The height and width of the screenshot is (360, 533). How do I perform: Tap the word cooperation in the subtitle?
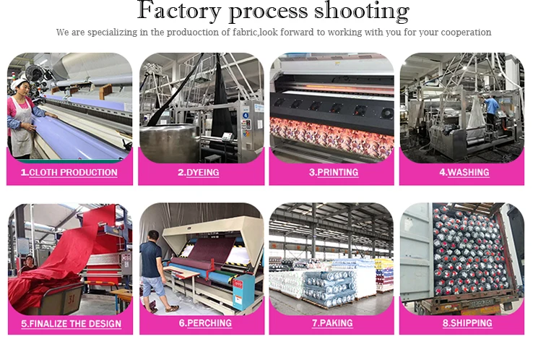click(x=467, y=33)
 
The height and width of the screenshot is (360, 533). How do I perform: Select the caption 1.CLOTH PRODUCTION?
click(x=69, y=173)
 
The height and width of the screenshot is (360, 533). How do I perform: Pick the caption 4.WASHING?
click(x=464, y=173)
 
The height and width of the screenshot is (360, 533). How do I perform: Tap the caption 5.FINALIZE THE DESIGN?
click(x=71, y=323)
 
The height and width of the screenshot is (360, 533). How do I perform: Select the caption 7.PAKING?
click(x=332, y=323)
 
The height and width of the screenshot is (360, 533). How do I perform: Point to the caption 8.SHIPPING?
click(x=464, y=323)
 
